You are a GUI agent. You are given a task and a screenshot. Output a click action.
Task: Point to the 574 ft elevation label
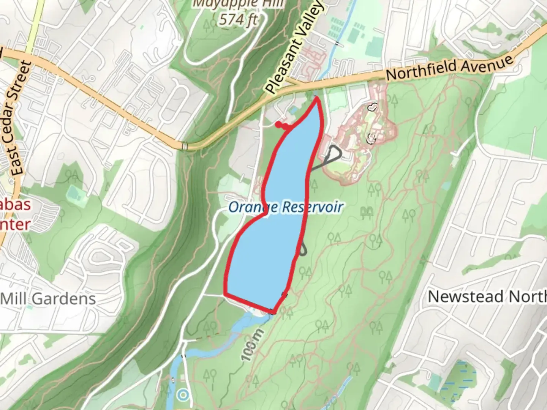238,19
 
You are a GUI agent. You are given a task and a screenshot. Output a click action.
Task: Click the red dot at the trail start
278,124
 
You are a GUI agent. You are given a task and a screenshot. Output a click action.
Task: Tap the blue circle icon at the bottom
183,395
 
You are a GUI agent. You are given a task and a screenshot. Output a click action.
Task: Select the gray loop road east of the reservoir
334,154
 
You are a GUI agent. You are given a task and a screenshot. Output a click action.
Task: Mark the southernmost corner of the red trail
273,312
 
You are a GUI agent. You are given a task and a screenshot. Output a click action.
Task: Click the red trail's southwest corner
226,294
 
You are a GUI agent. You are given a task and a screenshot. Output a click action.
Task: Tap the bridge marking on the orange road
185,146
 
